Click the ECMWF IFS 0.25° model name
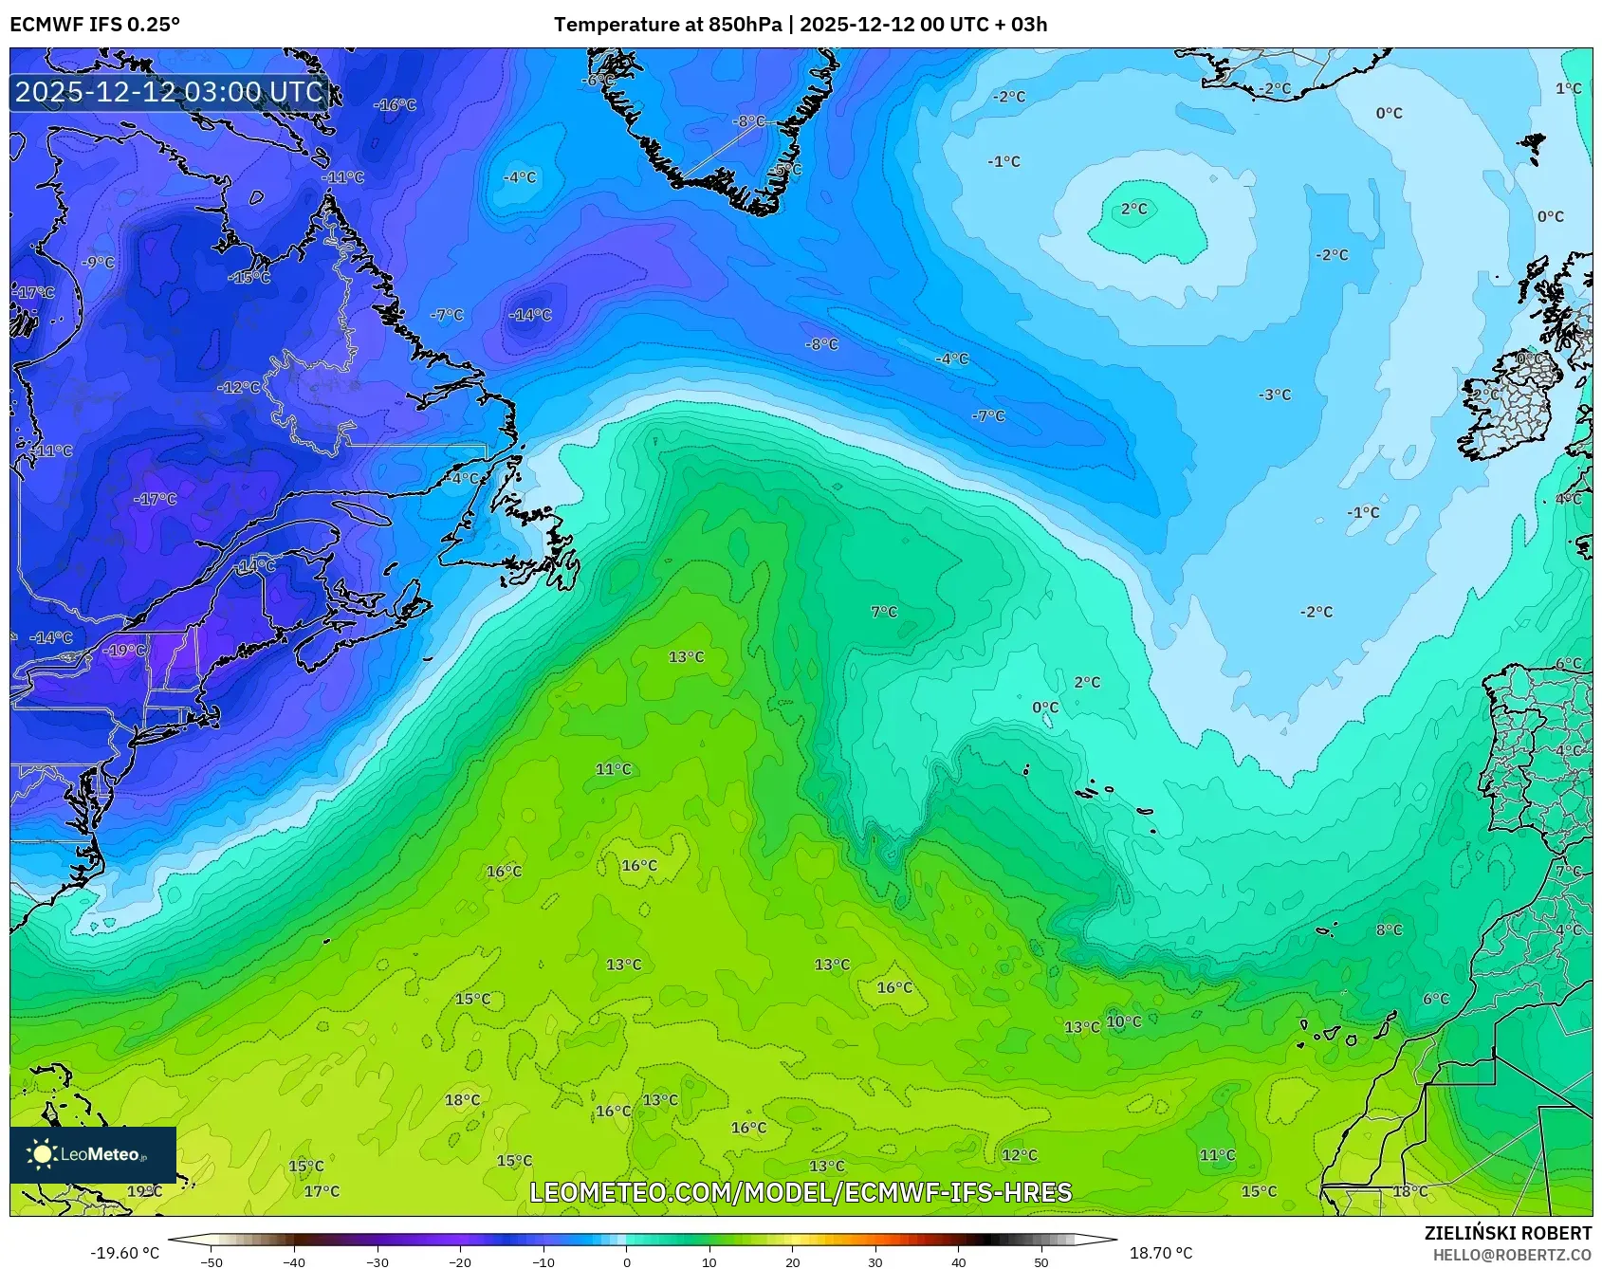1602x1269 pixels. point(95,25)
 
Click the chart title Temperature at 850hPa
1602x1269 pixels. point(668,25)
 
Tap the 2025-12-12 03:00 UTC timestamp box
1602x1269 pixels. point(169,92)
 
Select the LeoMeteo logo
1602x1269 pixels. point(93,1154)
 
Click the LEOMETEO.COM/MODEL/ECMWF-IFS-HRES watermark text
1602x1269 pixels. point(801,1192)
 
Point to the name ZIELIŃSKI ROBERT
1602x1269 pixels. point(1507,1233)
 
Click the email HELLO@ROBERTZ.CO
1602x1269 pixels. point(1512,1255)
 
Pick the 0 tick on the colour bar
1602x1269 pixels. point(626,1261)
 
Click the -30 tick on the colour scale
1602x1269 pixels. point(377,1261)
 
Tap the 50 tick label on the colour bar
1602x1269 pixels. point(1041,1261)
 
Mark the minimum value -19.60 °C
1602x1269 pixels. point(125,1253)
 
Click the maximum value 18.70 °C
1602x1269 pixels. point(1160,1253)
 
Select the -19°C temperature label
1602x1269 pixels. point(125,651)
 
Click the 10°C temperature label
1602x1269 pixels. point(1124,1021)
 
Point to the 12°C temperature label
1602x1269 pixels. point(1020,1155)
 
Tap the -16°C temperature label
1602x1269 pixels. point(395,105)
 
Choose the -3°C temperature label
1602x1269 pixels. point(1275,395)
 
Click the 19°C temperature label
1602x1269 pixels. point(144,1191)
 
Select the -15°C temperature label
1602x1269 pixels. point(249,278)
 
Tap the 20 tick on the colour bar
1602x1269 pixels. point(792,1261)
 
